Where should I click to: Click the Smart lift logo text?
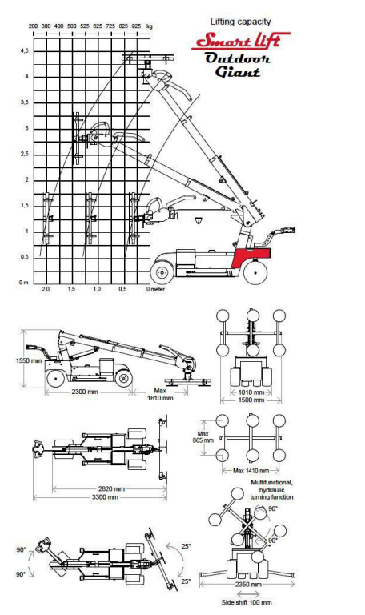point(241,39)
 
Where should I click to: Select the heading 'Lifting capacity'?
point(241,21)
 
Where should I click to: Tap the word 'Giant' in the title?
point(238,72)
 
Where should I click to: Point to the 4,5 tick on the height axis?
point(25,50)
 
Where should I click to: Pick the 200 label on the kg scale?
point(34,26)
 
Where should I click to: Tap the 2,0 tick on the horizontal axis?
point(46,289)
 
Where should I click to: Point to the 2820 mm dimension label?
point(108,488)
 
